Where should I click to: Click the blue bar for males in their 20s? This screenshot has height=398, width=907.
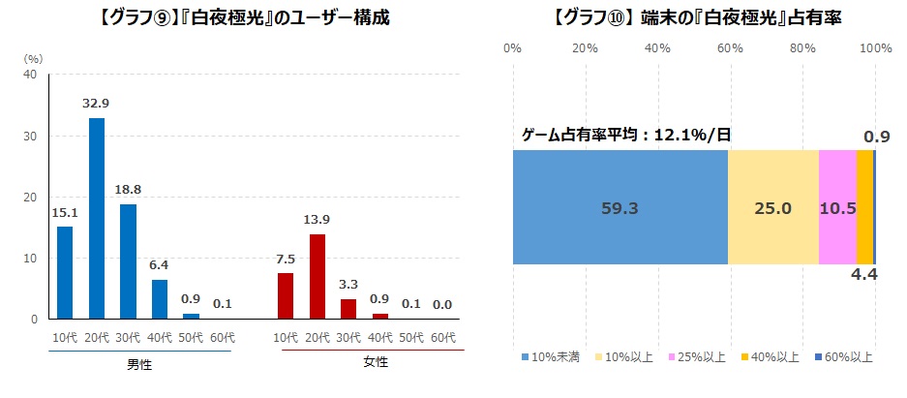pos(97,218)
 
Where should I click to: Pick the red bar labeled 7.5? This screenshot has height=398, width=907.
pos(285,295)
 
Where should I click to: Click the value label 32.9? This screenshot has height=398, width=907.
pos(97,102)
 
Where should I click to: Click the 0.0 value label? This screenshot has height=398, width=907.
pos(442,303)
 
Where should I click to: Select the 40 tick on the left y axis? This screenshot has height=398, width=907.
pos(30,75)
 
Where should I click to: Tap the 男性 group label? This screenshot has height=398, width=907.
pos(138,365)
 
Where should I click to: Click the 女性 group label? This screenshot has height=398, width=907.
pos(376,362)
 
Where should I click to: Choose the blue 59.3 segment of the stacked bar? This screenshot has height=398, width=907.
pos(620,207)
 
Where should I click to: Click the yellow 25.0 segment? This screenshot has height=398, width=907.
pos(773,207)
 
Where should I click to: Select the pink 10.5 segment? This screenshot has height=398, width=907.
pos(837,207)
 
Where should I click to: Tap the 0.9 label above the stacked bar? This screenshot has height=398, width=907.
pos(876,137)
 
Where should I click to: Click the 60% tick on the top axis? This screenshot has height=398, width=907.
pos(730,47)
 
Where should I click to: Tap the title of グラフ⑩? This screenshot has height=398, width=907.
pos(695,17)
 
